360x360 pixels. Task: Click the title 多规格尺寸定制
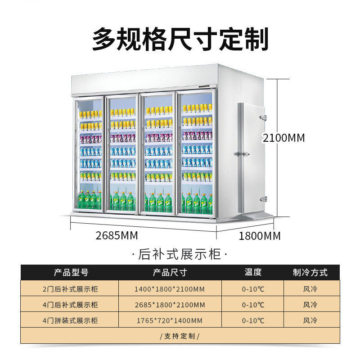pos(180,39)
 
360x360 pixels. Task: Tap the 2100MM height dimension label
pos(284,138)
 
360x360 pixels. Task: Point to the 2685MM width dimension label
pos(117,235)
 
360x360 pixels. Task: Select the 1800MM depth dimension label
pos(260,235)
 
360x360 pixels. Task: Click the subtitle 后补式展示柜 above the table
pos(180,254)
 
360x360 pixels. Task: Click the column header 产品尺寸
pos(170,272)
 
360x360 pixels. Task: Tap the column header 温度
pos(253,272)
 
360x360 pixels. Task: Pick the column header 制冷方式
pos(310,272)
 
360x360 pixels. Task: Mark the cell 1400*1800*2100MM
pos(170,288)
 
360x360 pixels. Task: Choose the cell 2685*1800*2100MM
pos(170,305)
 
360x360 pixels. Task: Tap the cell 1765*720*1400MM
pos(170,320)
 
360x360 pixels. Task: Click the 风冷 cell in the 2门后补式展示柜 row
pos(310,288)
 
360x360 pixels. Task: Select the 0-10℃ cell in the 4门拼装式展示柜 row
pos(253,320)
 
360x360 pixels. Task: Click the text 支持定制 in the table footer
pos(180,336)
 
